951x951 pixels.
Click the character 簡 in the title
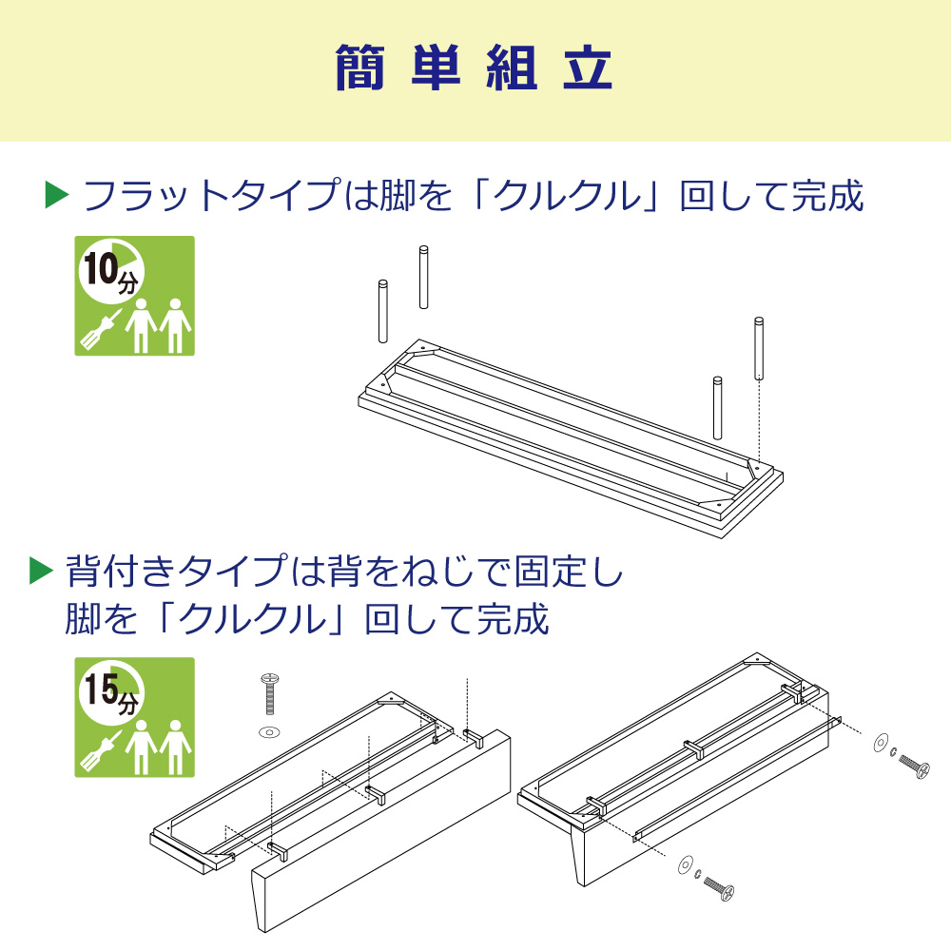point(363,69)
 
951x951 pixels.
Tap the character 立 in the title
point(588,69)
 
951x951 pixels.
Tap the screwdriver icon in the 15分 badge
point(100,749)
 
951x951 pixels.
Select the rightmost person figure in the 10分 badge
point(174,326)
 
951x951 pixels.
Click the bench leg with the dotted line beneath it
point(759,348)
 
